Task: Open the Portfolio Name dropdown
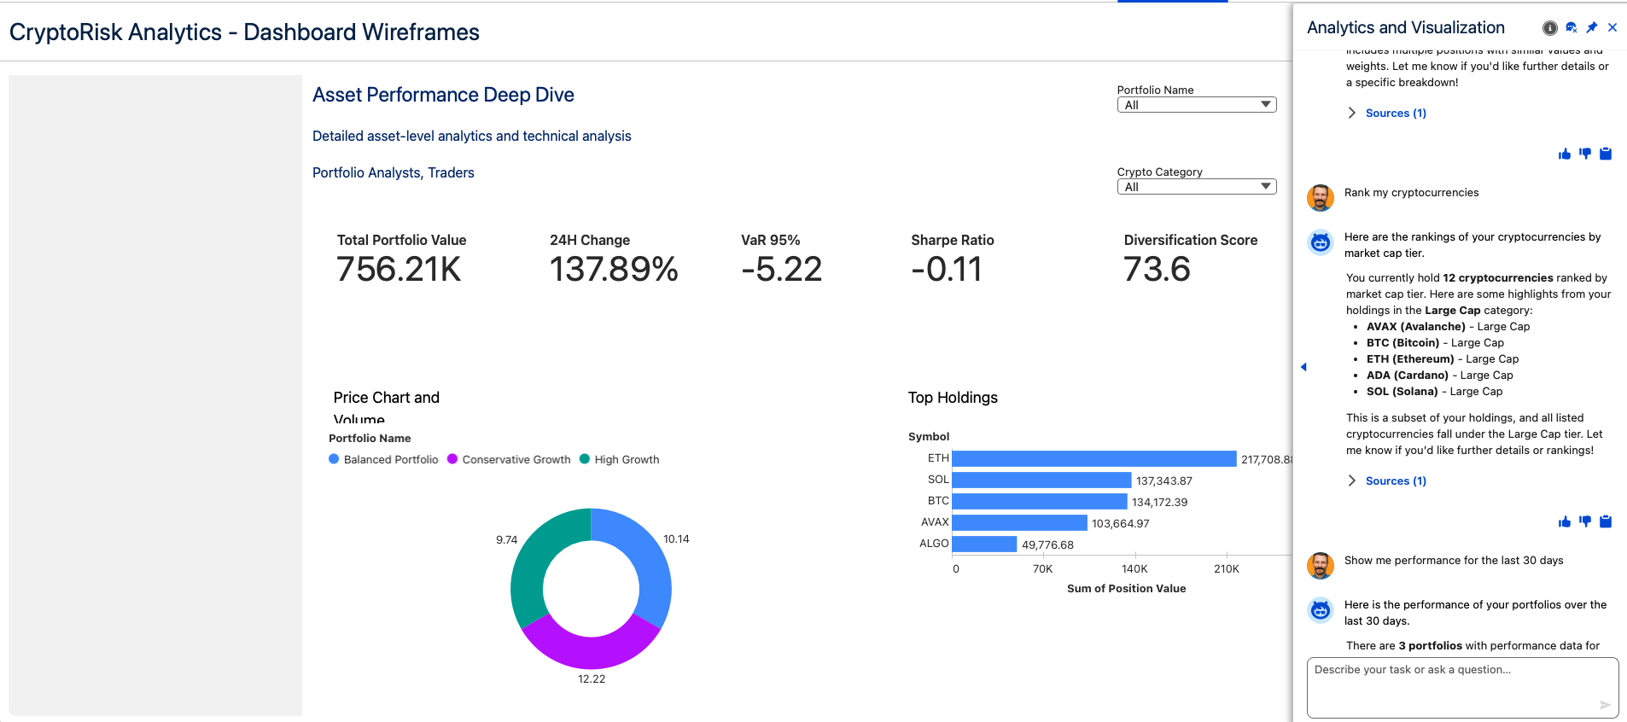click(x=1196, y=105)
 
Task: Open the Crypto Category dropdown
click(x=1196, y=187)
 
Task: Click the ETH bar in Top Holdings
click(x=1093, y=459)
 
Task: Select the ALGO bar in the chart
click(x=984, y=544)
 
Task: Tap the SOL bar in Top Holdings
click(x=1041, y=480)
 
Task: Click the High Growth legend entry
click(x=626, y=459)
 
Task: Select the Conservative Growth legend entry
click(x=516, y=459)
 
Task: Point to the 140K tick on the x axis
click(x=1134, y=568)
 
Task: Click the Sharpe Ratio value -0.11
click(x=946, y=270)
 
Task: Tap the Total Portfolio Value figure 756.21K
click(x=399, y=270)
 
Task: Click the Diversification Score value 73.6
click(x=1157, y=270)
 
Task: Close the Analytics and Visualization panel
click(x=1612, y=27)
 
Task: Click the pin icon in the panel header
click(x=1592, y=27)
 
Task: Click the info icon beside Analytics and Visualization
click(x=1550, y=28)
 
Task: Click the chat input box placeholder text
click(x=1412, y=670)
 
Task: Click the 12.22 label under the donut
click(x=592, y=679)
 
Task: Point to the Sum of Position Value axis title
click(x=1126, y=589)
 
